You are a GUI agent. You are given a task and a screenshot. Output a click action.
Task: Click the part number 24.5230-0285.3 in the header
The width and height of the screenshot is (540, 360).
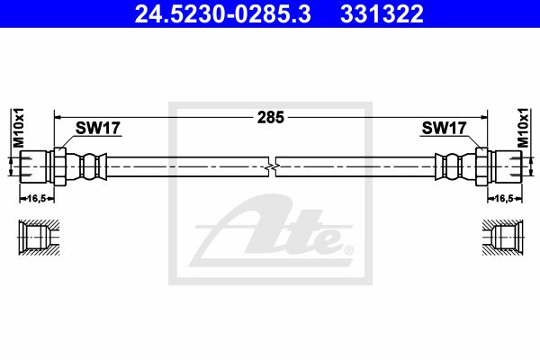(223, 14)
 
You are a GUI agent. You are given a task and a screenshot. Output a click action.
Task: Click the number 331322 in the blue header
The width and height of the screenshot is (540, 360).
(382, 14)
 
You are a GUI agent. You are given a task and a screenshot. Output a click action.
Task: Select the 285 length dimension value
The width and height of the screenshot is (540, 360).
(271, 118)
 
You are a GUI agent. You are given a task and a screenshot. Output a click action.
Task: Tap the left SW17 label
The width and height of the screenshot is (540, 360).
(98, 128)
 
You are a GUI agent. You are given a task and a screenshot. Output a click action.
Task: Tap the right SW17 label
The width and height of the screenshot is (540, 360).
(444, 128)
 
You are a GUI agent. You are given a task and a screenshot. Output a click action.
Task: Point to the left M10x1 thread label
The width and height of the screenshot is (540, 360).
(18, 128)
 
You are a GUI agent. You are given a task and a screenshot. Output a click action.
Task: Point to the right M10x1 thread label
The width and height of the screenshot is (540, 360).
(523, 128)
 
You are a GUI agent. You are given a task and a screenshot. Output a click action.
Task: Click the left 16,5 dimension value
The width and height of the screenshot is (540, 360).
(37, 198)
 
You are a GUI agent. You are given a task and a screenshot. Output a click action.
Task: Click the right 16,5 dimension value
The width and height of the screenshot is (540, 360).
(504, 198)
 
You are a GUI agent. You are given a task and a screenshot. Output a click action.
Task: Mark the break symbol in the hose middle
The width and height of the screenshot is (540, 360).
(272, 166)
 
